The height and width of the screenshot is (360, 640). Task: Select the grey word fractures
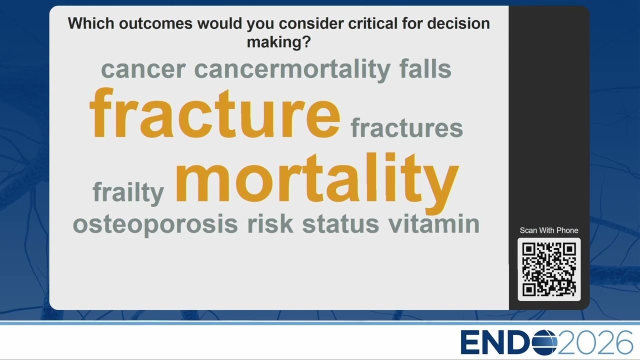click(x=407, y=127)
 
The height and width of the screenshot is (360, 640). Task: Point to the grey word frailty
click(x=128, y=192)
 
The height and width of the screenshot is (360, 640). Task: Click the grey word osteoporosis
click(x=155, y=224)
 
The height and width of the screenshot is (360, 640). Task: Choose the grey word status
click(x=340, y=224)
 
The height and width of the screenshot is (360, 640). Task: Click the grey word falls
click(x=425, y=68)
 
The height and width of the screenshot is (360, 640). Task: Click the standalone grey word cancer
click(x=143, y=70)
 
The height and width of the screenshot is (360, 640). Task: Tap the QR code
click(x=549, y=269)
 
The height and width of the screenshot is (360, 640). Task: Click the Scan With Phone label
click(x=549, y=230)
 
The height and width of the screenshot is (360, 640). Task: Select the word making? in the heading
click(x=279, y=42)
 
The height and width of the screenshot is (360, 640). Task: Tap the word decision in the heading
click(x=458, y=23)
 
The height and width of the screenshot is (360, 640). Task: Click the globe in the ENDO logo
click(x=544, y=342)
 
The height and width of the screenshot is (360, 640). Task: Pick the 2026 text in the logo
click(x=595, y=342)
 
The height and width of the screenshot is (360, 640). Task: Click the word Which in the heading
click(x=91, y=23)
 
